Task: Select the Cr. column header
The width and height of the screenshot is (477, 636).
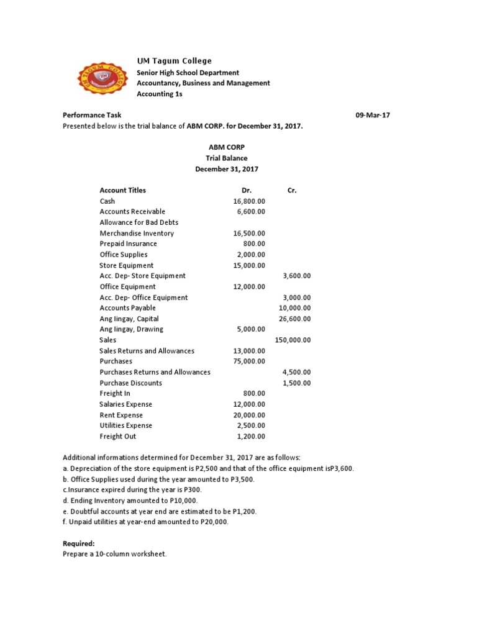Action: click(292, 191)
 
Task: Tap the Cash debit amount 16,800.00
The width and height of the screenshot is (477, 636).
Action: click(249, 201)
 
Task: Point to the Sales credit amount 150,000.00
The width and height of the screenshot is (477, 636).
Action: click(293, 340)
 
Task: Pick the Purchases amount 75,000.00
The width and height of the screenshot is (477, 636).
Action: click(249, 361)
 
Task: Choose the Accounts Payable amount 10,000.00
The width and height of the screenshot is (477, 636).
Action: click(295, 308)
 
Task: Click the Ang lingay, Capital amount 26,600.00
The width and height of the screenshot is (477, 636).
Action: click(295, 319)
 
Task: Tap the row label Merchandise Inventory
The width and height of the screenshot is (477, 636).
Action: click(137, 234)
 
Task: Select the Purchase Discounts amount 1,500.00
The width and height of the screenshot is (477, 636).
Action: click(297, 383)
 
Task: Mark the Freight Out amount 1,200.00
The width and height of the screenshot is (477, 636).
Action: click(251, 437)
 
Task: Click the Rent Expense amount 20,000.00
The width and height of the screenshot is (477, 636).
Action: click(249, 415)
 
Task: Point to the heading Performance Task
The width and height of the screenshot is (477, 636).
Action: click(92, 115)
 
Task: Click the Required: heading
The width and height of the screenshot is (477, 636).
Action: click(78, 543)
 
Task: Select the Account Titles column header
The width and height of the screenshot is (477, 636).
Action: click(123, 191)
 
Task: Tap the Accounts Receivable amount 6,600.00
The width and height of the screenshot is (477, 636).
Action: click(251, 212)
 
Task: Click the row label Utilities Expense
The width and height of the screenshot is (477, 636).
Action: click(126, 425)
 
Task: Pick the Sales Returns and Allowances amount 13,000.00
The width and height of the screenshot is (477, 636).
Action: click(249, 351)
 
